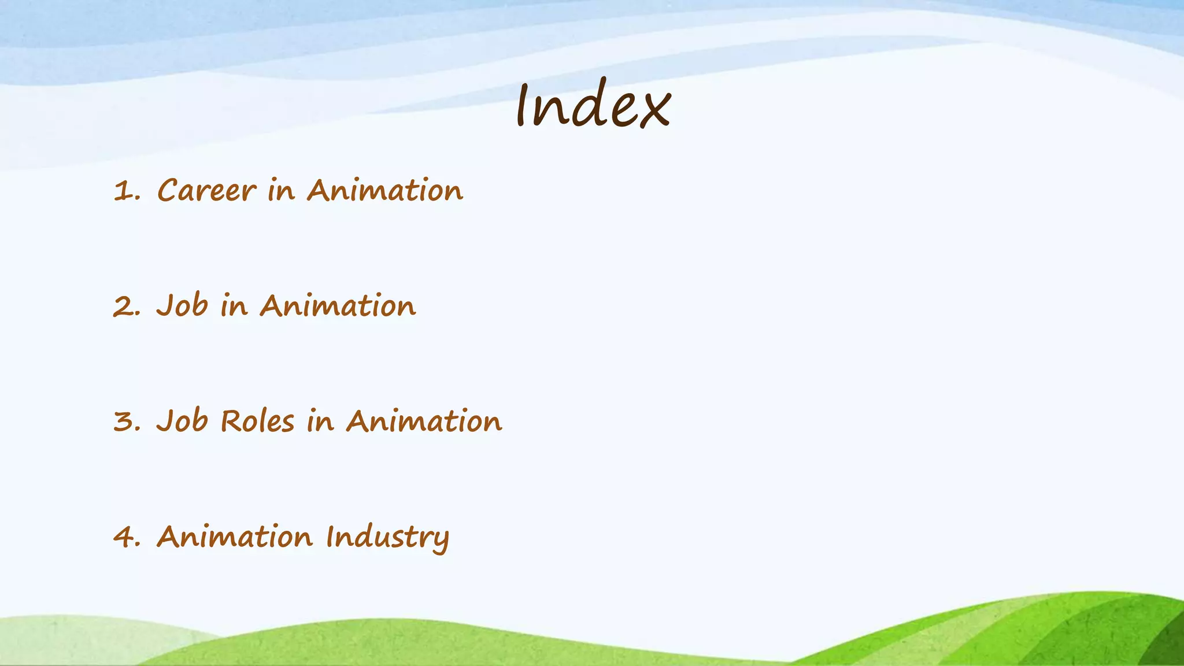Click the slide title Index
[593, 104]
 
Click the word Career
[206, 191]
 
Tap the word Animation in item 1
[384, 190]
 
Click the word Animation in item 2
[338, 306]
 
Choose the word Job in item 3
[182, 421]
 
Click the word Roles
[257, 421]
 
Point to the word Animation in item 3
[424, 421]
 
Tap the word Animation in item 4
[234, 536]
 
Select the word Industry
[387, 538]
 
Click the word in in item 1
[281, 190]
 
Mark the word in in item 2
[234, 306]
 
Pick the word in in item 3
[320, 421]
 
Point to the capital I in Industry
[330, 536]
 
